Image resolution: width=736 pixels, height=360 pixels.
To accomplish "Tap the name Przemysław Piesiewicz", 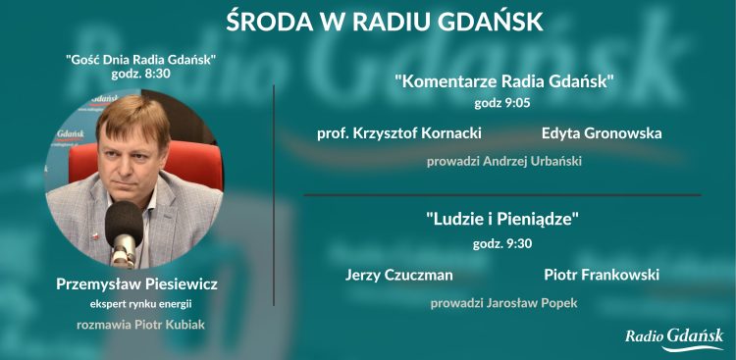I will coord(136,283).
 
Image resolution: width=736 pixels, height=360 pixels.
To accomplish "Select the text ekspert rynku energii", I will coord(136,303).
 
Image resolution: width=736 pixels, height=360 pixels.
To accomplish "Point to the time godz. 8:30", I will coord(140,75).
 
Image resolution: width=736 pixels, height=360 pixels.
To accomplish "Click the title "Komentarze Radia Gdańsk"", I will coord(503,81).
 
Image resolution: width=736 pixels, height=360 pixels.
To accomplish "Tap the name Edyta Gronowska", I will coord(601,132).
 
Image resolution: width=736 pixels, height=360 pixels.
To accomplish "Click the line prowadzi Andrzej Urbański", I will coord(503,161).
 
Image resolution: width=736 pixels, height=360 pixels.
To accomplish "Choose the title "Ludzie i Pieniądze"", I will coord(503,220).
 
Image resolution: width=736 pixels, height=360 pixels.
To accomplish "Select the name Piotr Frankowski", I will coord(601,275).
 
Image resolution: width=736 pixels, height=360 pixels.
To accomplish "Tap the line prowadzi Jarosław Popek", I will coord(503,303).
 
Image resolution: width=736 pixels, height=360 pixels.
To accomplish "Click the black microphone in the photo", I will coord(125,224).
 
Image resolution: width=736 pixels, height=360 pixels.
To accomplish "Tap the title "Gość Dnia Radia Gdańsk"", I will coord(140,60).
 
